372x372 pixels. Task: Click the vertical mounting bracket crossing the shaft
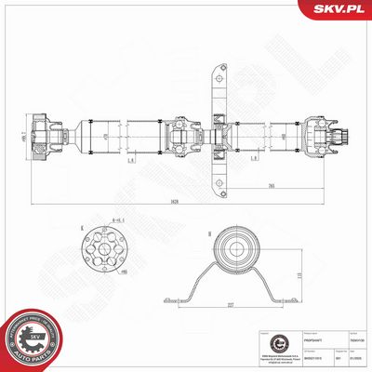[221, 130]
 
